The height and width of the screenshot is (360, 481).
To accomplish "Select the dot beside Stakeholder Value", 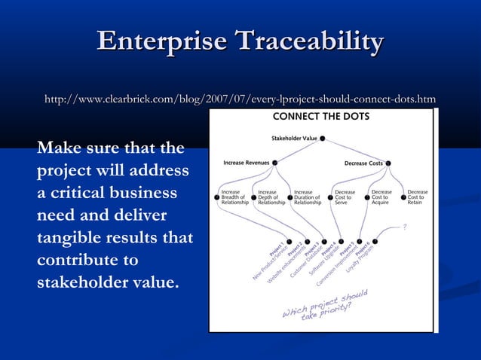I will [323, 139].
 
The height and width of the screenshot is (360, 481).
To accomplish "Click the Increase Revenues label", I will [247, 162].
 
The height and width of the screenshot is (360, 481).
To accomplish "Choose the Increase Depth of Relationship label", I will [271, 197].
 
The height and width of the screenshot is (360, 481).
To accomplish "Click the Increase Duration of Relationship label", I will [308, 197].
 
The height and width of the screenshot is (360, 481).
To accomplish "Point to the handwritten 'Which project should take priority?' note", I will [324, 305].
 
